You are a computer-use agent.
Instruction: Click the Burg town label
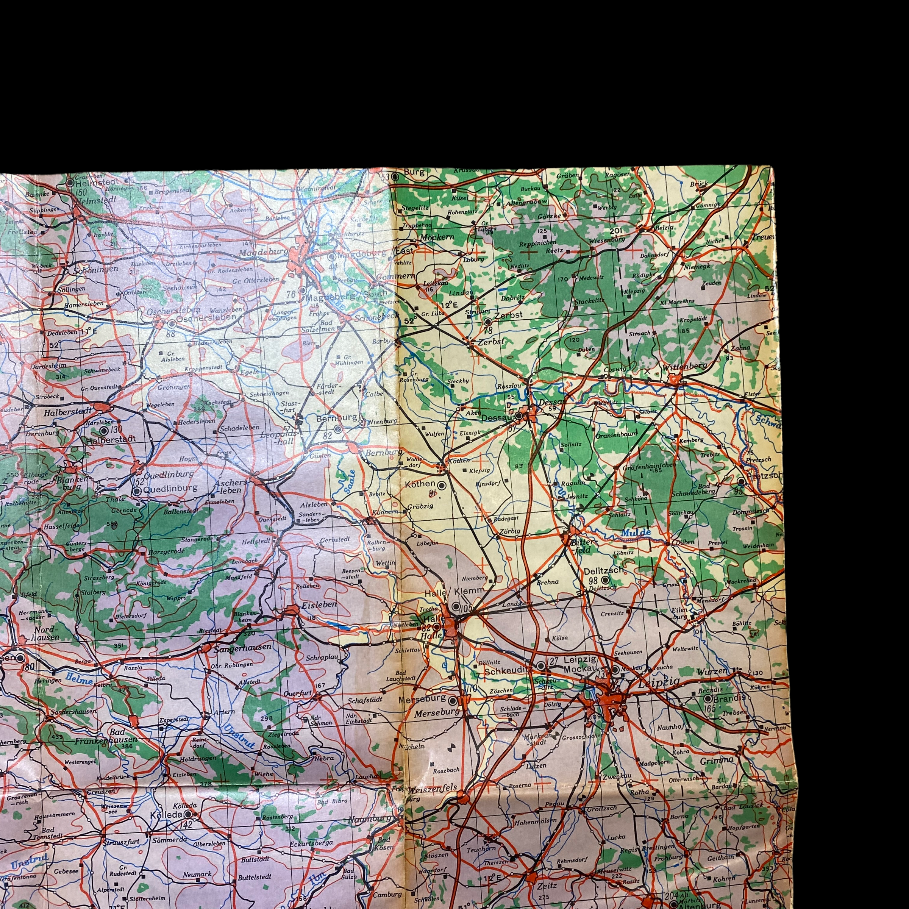(x=414, y=172)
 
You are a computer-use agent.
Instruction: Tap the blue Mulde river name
(x=636, y=532)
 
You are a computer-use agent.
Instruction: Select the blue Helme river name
(x=77, y=678)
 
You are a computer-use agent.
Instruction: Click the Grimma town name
(x=717, y=760)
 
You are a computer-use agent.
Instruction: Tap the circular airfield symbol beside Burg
(x=395, y=177)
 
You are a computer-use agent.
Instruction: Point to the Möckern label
(x=437, y=237)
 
